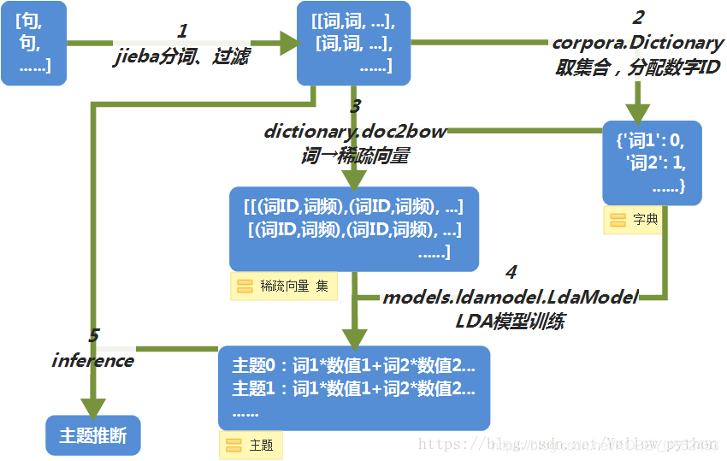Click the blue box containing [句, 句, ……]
33,43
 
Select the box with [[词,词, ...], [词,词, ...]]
354,43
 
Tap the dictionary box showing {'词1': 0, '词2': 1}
652,163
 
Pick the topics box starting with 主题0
354,387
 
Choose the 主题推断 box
92,435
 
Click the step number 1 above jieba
182,32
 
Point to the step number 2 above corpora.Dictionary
638,17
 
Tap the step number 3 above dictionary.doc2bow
355,107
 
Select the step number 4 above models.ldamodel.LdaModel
511,273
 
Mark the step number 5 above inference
94,336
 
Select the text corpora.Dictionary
638,43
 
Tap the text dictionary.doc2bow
355,132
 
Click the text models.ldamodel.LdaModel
511,298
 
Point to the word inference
92,360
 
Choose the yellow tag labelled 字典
634,220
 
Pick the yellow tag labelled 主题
251,445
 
